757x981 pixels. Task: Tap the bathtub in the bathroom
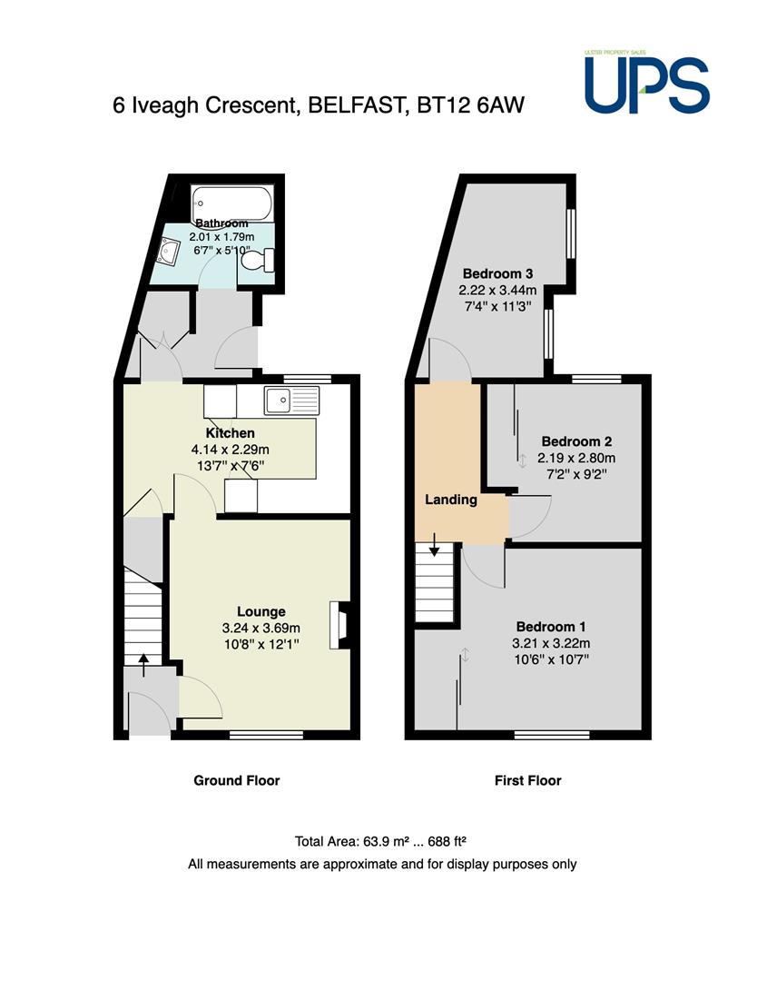coord(232,203)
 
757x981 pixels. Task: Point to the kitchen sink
coord(291,401)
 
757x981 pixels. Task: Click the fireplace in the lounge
coord(339,625)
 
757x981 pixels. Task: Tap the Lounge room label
coord(261,612)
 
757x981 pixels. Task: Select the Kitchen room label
coord(230,433)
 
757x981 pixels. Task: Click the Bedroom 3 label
coord(497,273)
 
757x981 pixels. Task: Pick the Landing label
coord(451,500)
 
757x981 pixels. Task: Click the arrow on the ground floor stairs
coord(143,665)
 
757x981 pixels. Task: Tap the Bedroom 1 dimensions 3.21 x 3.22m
coord(551,643)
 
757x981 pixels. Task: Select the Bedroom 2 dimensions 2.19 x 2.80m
coord(576,458)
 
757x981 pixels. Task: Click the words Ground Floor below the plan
coord(237,780)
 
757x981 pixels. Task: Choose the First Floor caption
coord(528,780)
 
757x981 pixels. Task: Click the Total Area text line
coord(382,841)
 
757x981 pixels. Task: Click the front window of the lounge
coord(266,735)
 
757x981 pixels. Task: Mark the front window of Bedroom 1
coord(552,735)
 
